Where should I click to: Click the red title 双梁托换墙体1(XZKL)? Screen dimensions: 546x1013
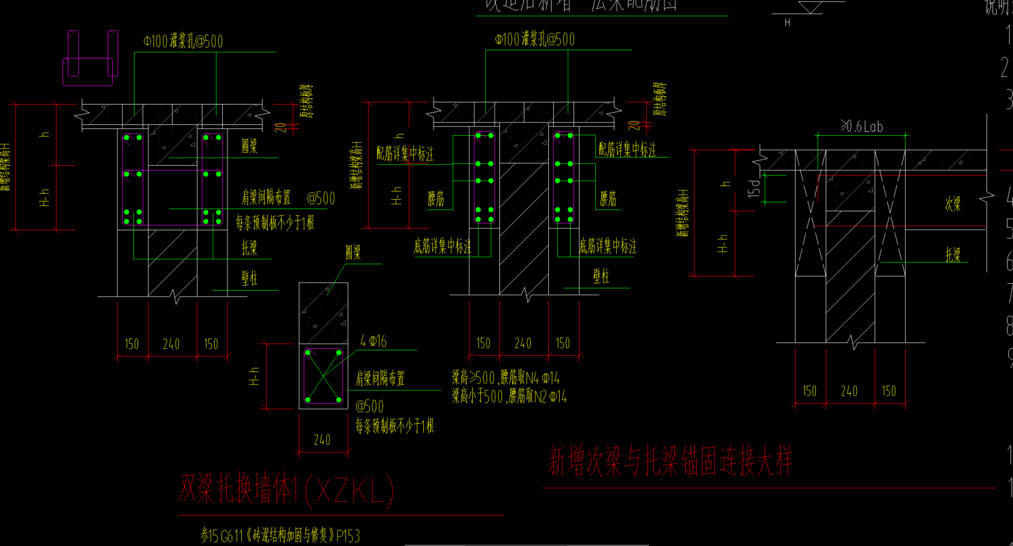click(286, 491)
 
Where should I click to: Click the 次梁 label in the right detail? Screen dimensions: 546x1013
click(953, 204)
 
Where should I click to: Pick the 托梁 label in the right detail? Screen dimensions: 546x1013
click(953, 255)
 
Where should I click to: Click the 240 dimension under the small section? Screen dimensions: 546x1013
click(322, 439)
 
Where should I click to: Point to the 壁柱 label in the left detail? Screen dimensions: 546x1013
click(249, 278)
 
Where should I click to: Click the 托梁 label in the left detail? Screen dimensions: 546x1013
click(249, 248)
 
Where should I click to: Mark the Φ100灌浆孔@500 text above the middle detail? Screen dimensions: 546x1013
click(535, 39)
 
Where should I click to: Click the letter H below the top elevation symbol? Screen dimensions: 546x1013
click(787, 22)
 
